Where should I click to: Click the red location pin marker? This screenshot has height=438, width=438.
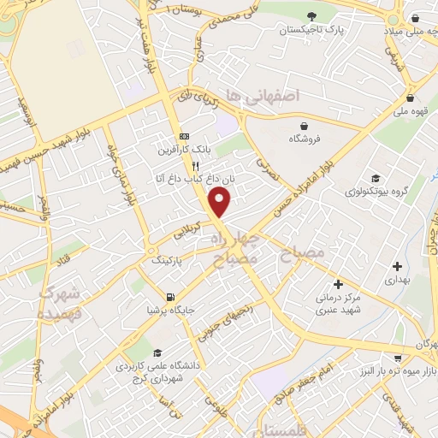click(220, 202)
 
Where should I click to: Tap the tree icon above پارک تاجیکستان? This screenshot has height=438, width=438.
click(312, 16)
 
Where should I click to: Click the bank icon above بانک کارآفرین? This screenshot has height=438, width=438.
click(184, 137)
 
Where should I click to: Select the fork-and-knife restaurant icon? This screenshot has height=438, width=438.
click(196, 165)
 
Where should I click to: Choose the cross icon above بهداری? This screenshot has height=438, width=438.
click(397, 266)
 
